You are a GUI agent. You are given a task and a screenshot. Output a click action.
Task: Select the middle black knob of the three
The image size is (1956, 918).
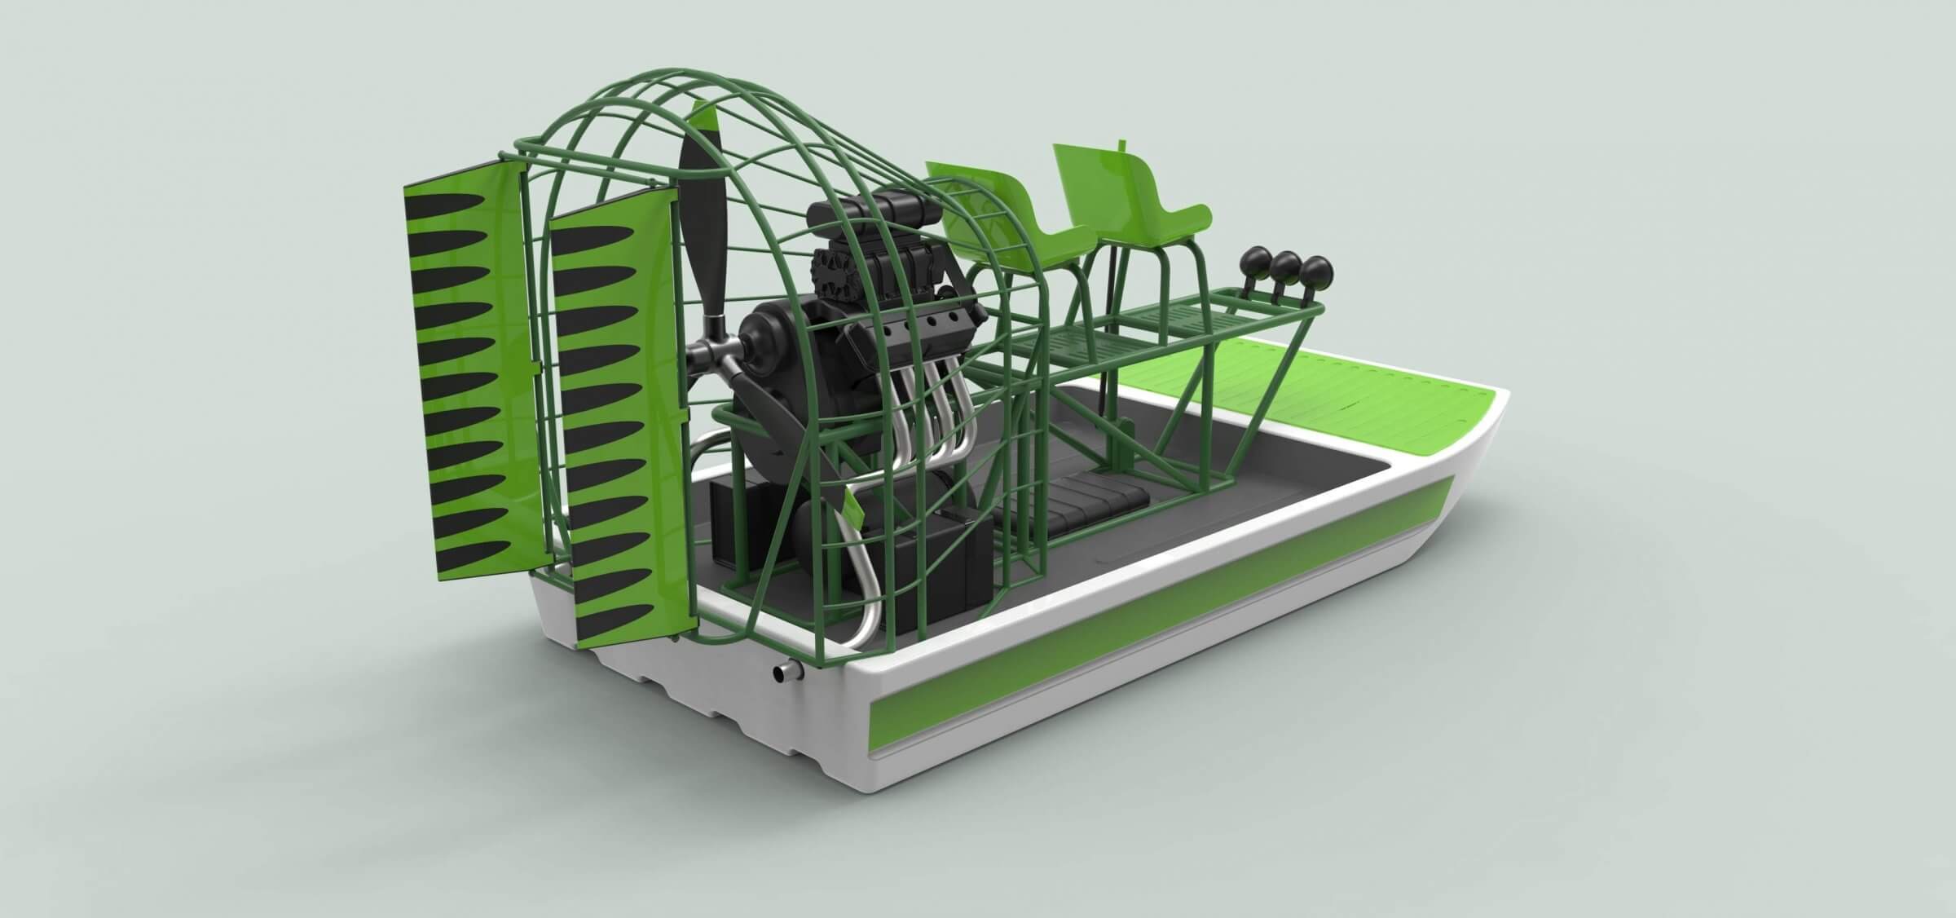tap(1285, 265)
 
